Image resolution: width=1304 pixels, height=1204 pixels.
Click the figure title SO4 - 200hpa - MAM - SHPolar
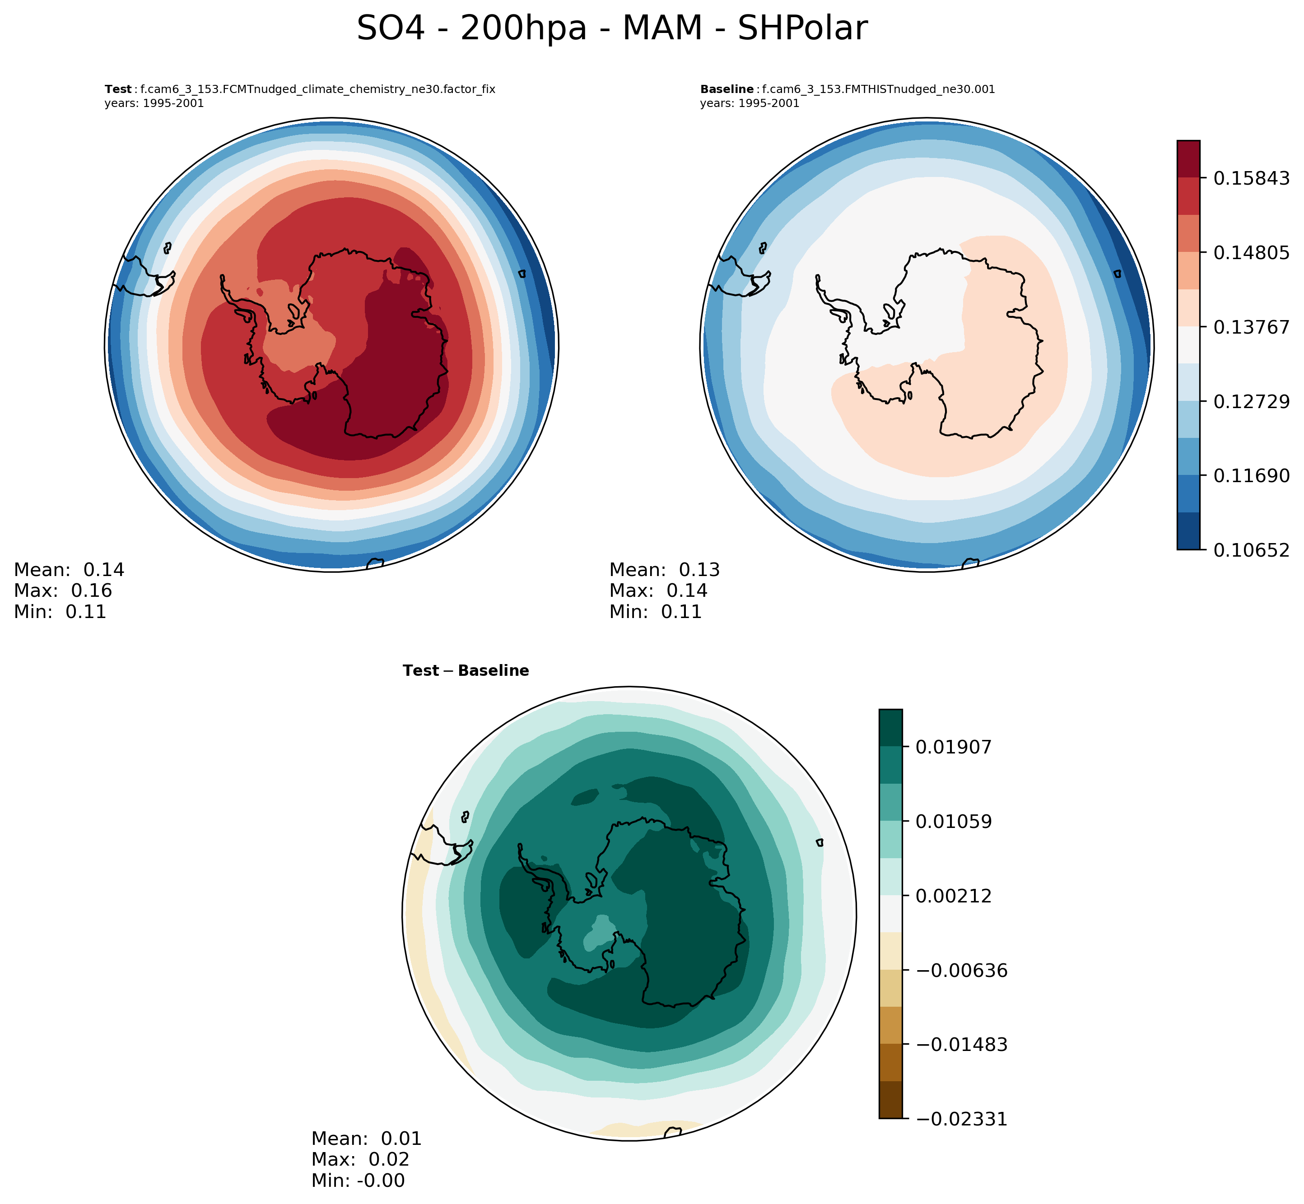(x=612, y=29)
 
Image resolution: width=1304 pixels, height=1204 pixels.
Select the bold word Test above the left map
(x=118, y=90)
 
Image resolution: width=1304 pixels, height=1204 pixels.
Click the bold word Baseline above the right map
(x=727, y=90)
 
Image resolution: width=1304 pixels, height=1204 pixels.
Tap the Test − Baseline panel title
(x=466, y=671)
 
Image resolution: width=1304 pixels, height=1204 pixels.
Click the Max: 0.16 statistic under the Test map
(x=63, y=591)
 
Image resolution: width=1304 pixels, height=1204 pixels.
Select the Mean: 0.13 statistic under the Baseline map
(x=664, y=570)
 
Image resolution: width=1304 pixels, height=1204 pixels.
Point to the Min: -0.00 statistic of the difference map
(x=358, y=1181)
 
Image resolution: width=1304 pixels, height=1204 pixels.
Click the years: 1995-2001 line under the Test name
(x=154, y=103)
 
